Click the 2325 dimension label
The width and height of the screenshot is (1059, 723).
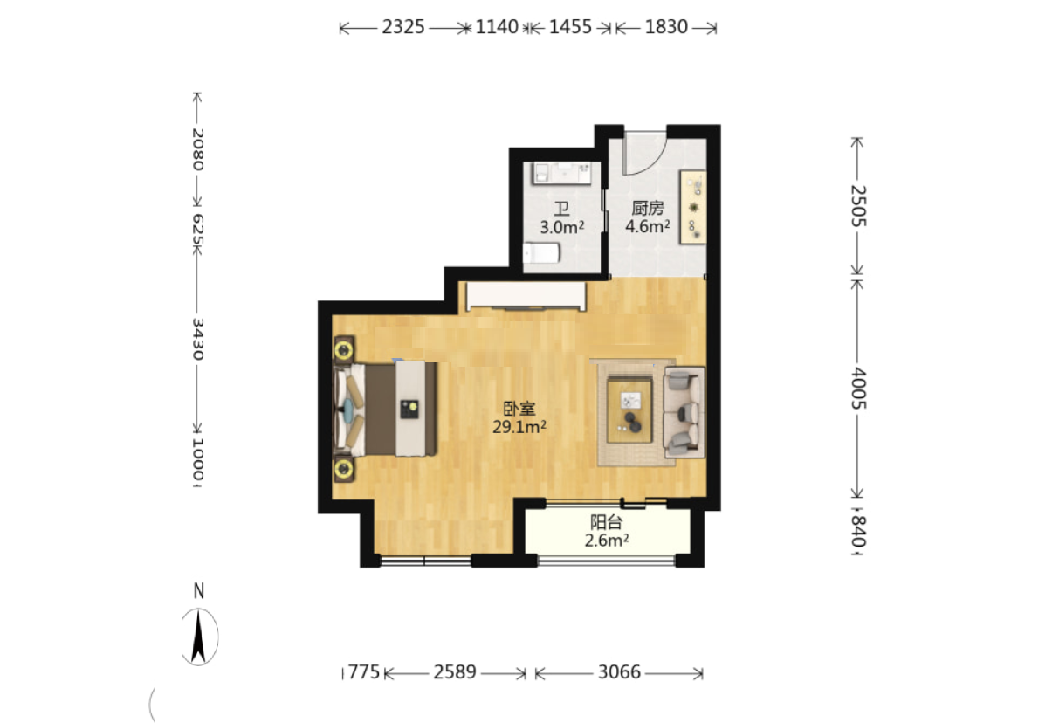coord(402,27)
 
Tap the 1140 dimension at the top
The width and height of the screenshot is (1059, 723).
coord(497,27)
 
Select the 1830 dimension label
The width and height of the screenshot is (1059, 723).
coord(666,27)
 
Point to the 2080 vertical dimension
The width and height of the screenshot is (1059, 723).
coord(197,149)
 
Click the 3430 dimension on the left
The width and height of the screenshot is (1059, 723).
coord(197,339)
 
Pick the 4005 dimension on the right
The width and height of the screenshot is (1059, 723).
coord(858,389)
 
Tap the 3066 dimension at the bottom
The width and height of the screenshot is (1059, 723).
coord(619,672)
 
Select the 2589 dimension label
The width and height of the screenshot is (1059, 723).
coord(455,672)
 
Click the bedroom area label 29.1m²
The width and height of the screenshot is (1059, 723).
coord(519,427)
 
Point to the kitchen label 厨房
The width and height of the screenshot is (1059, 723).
coord(648,208)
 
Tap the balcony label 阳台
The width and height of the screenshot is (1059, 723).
coord(607,522)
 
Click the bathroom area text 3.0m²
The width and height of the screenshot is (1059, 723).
coord(562,227)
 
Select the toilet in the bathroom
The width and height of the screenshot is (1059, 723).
coord(542,253)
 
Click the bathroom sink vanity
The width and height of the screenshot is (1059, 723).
coord(561,174)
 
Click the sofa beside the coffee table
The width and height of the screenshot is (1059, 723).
coord(684,412)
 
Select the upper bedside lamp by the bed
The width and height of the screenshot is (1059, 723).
coord(344,350)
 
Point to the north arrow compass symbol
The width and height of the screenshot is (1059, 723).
coord(198,637)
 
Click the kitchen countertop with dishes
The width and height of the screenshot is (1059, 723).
coord(693,207)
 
